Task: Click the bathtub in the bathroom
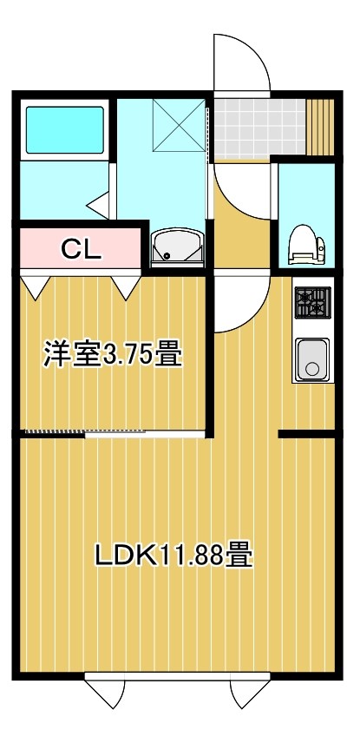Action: tap(64, 130)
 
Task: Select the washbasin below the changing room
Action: tap(177, 248)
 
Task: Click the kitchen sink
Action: tap(312, 359)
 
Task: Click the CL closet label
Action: tap(81, 250)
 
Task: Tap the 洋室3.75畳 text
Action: tap(113, 355)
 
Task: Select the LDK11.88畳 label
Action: tap(173, 555)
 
